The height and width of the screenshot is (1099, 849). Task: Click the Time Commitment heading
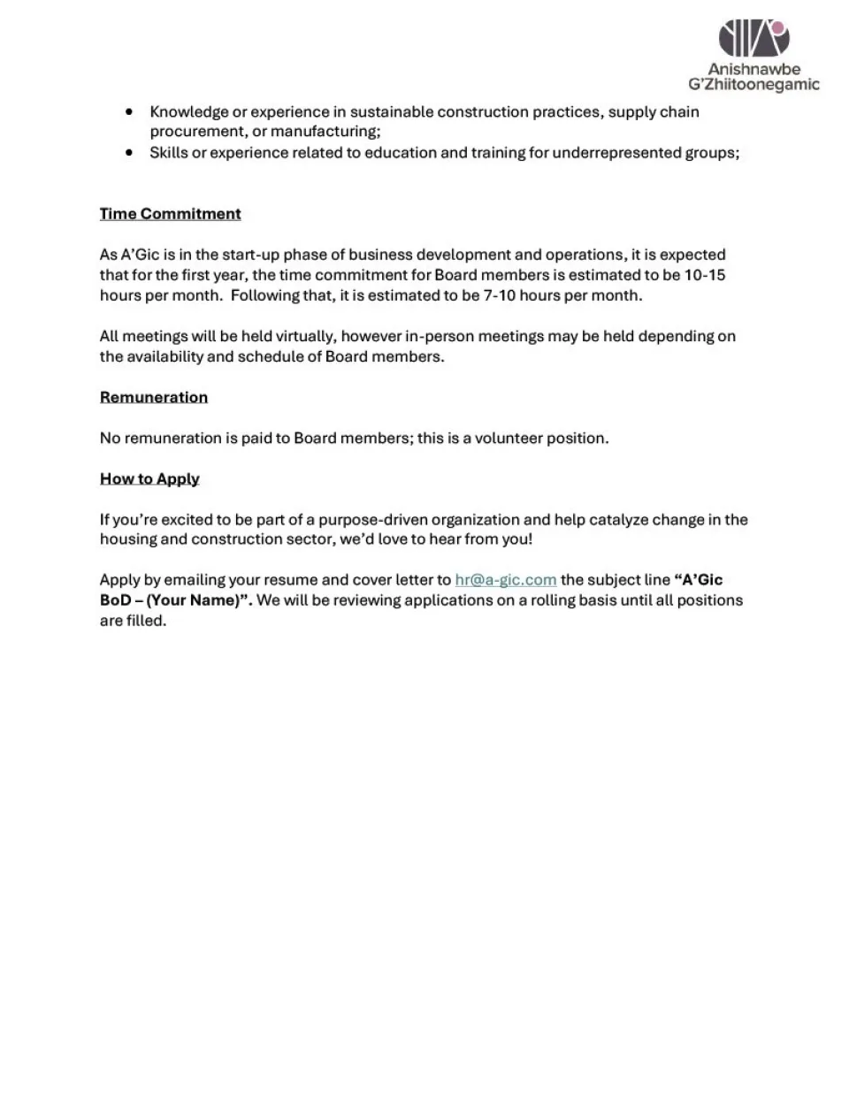coord(170,214)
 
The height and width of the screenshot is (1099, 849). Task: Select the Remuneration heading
coord(154,397)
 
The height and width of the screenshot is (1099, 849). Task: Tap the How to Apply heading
coord(149,478)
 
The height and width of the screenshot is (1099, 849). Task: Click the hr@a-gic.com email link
coord(505,580)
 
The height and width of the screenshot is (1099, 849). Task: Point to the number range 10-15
coord(704,275)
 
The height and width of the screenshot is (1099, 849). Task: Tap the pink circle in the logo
coord(778,28)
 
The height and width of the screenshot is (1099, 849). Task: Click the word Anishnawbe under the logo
coord(753,69)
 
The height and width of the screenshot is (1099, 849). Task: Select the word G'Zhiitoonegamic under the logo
coord(753,85)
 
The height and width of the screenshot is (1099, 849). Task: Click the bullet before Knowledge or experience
coord(130,112)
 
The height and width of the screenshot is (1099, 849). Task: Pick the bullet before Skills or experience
coord(130,153)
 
